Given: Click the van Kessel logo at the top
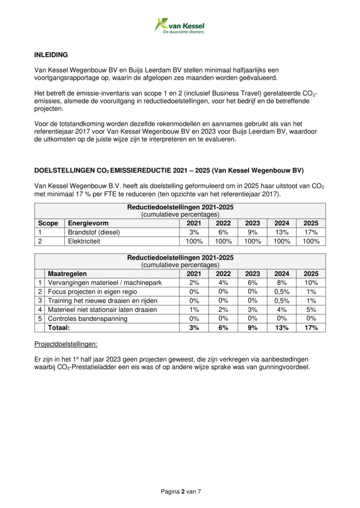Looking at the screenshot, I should point(179,24).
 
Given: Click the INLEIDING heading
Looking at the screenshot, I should point(51,55).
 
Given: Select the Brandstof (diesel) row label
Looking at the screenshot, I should point(94,232).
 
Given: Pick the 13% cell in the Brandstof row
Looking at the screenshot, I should point(282,232).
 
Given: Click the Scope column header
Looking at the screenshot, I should point(48,223).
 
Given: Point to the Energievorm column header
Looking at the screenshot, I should point(88,223).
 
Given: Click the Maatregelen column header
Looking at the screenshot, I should point(67,273).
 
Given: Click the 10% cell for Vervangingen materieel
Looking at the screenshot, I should point(311,283).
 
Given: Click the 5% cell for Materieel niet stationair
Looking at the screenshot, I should point(311,310).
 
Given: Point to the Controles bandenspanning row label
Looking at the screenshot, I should point(87,318).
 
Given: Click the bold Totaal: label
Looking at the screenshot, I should point(59,327).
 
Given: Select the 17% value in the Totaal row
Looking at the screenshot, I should point(311,327).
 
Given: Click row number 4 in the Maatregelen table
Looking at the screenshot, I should point(39,310).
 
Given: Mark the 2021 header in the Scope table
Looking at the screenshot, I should point(194,223).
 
